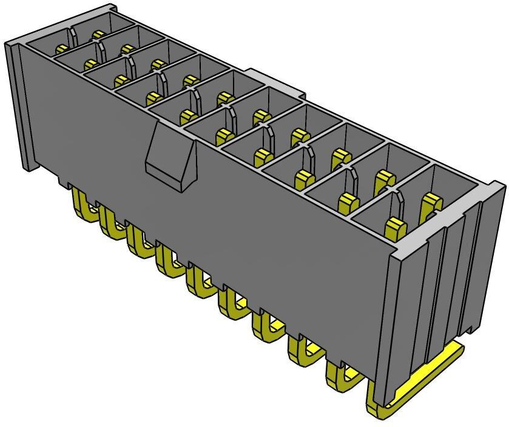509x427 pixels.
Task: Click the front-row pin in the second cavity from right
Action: [349, 203]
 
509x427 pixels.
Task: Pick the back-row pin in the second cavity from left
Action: [127, 49]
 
